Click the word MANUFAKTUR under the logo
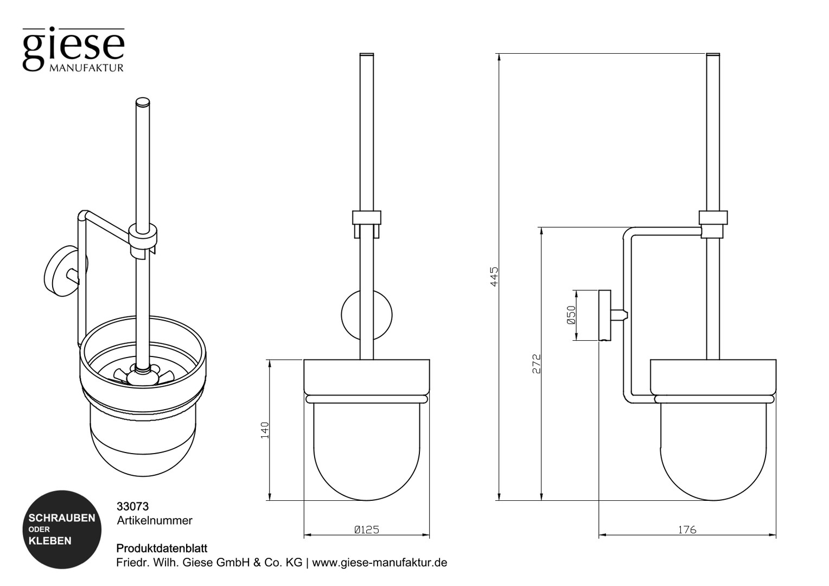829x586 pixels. pyautogui.click(x=87, y=68)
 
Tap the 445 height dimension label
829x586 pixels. pyautogui.click(x=494, y=276)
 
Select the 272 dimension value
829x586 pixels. pyautogui.click(x=537, y=364)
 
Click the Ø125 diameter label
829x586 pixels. pyautogui.click(x=366, y=530)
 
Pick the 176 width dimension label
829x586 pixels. pyautogui.click(x=686, y=530)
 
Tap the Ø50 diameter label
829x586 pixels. pyautogui.click(x=571, y=315)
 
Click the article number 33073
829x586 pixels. pyautogui.click(x=132, y=506)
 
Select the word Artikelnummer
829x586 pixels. pyautogui.click(x=155, y=520)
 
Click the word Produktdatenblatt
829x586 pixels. pyautogui.click(x=162, y=549)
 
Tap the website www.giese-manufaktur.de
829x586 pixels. pyautogui.click(x=380, y=563)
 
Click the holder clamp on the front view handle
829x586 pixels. pyautogui.click(x=366, y=218)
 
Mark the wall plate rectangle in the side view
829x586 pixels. pyautogui.click(x=604, y=315)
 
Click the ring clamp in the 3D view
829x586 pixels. pyautogui.click(x=144, y=235)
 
